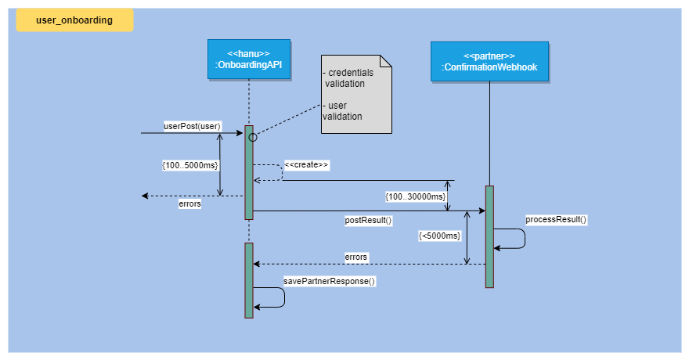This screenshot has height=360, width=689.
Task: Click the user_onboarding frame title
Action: (x=74, y=21)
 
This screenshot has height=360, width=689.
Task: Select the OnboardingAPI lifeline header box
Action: (x=249, y=60)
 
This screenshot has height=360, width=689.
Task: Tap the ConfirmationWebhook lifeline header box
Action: (x=489, y=62)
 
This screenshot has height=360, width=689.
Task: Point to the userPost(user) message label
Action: (x=193, y=125)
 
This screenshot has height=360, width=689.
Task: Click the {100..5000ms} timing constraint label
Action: (x=189, y=165)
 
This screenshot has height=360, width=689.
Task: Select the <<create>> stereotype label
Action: (x=306, y=164)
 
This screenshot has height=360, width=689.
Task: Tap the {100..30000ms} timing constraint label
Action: (x=415, y=196)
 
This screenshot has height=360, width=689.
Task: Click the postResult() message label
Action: (x=368, y=220)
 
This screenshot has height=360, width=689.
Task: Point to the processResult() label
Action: (x=556, y=219)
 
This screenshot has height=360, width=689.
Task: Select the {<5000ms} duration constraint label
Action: (x=439, y=235)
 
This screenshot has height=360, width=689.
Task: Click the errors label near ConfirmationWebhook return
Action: (x=356, y=257)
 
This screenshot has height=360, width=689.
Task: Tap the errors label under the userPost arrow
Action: (x=190, y=203)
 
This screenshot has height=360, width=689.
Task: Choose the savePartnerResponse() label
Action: (x=329, y=280)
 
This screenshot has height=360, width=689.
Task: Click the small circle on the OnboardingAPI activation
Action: (x=253, y=137)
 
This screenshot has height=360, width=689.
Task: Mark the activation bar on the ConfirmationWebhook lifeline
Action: (x=489, y=236)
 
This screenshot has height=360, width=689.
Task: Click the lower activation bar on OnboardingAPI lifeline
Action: (x=249, y=280)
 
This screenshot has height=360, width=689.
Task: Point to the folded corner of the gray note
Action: (x=384, y=61)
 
